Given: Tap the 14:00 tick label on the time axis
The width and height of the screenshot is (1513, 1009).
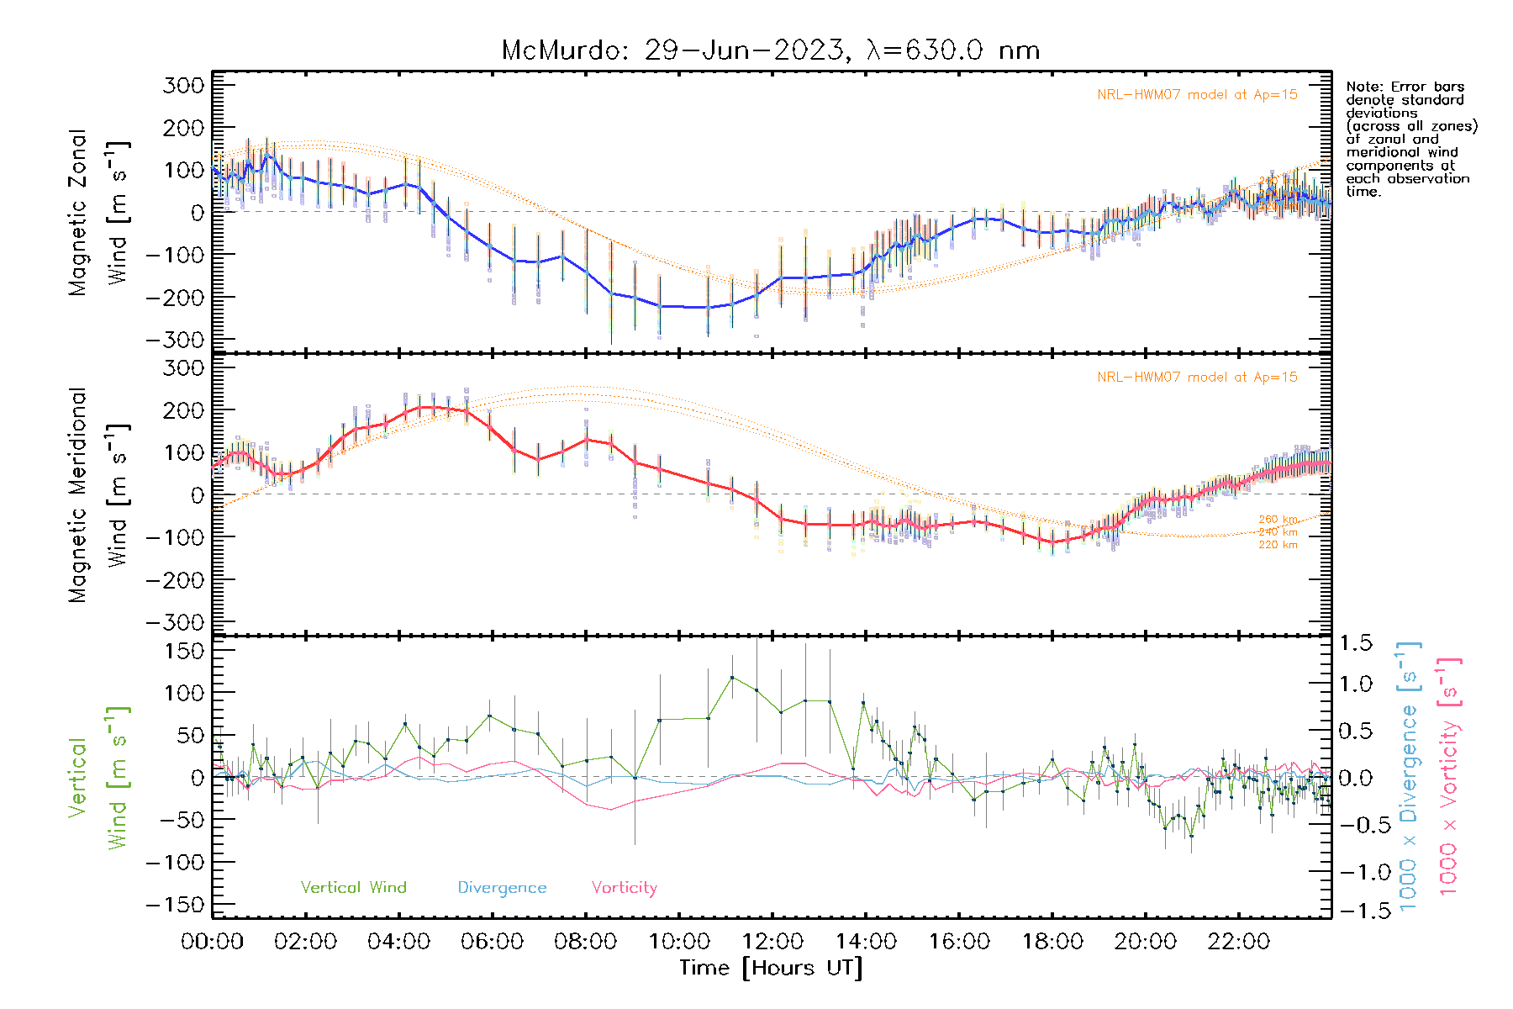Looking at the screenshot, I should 866,941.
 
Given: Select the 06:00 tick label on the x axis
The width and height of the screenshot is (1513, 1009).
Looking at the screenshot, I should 493,941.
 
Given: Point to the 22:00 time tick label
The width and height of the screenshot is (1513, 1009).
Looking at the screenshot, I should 1239,941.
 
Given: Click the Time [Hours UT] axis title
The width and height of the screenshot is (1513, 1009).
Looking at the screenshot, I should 771,968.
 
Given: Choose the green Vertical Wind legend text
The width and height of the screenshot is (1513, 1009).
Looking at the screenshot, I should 353,887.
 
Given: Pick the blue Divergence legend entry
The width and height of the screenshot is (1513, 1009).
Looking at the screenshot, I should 502,887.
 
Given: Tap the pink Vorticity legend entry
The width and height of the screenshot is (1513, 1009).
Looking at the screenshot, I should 624,887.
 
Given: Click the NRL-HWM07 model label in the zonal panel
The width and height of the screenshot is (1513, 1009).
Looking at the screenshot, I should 1197,95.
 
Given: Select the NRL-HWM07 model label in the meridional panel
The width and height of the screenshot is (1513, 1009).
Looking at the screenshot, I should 1197,378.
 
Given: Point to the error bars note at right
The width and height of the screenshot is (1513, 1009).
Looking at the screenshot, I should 1410,139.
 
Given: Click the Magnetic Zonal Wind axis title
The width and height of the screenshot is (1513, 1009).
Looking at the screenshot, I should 99,212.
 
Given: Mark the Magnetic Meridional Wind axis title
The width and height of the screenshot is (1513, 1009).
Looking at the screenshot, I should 99,494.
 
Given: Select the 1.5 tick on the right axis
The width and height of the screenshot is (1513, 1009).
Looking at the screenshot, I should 1355,643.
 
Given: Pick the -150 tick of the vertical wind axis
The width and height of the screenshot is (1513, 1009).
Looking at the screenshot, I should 175,905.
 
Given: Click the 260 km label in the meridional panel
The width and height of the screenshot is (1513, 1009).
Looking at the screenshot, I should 1278,520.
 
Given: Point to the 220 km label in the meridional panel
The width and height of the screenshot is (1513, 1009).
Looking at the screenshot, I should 1278,545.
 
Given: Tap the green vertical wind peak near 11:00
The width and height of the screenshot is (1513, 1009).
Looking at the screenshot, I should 732,677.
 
